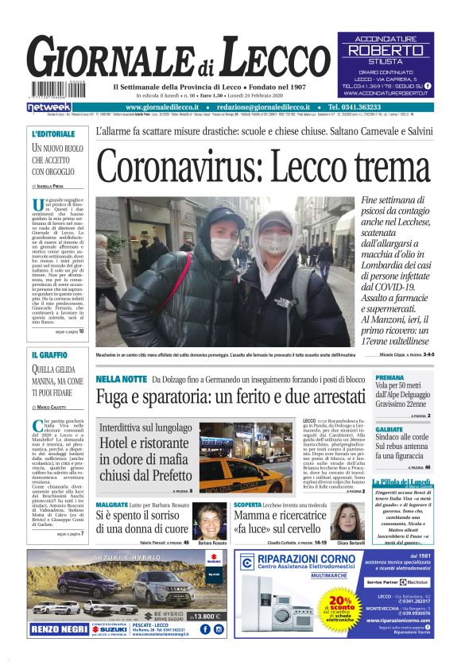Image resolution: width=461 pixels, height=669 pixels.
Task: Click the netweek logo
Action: click(x=49, y=106)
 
